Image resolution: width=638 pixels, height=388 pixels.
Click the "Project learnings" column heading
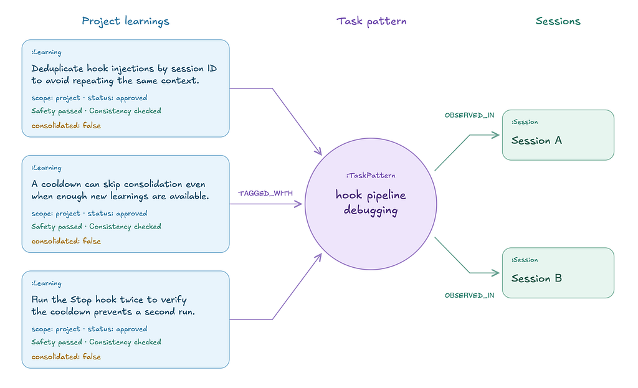(x=125, y=21)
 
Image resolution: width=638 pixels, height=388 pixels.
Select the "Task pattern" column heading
(x=371, y=21)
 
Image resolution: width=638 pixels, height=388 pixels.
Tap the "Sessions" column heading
(x=558, y=21)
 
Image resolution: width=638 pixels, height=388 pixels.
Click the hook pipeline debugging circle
(x=371, y=204)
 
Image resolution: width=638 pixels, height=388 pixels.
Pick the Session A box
(x=558, y=135)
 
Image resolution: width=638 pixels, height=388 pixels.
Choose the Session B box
(x=558, y=273)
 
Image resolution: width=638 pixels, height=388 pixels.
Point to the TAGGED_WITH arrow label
(x=265, y=193)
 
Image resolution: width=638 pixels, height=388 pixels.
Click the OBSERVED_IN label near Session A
(x=469, y=115)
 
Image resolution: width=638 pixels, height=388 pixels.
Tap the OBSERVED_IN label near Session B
(x=469, y=295)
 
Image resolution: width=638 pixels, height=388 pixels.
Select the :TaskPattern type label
(x=371, y=175)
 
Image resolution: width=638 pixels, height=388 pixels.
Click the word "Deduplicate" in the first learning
(x=57, y=69)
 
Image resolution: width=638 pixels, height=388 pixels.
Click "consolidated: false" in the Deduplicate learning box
(x=66, y=125)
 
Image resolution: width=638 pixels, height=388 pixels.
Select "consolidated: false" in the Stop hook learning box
(x=66, y=356)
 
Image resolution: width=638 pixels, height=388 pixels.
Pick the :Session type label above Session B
(x=525, y=260)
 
